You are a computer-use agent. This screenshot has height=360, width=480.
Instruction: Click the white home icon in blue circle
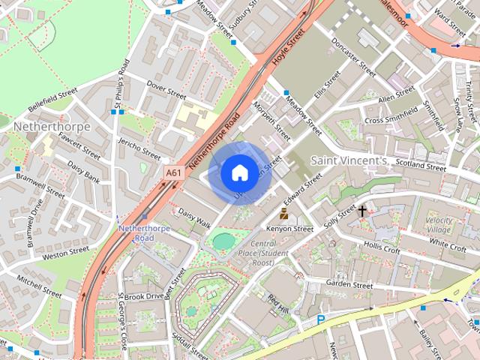238,172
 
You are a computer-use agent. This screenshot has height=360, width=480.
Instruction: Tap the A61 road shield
173,172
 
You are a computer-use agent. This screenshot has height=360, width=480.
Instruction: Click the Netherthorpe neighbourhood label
52,127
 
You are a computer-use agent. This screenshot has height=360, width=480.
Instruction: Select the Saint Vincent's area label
349,160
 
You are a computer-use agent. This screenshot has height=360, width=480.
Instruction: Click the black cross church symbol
362,211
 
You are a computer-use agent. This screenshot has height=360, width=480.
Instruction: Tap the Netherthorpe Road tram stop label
136,232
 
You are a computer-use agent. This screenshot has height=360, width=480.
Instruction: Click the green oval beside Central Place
223,241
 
